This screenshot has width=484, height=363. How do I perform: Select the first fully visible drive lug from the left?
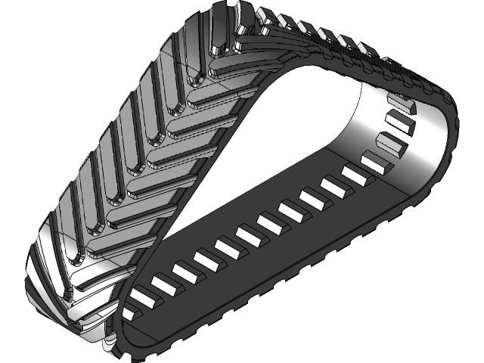click(x=144, y=296)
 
